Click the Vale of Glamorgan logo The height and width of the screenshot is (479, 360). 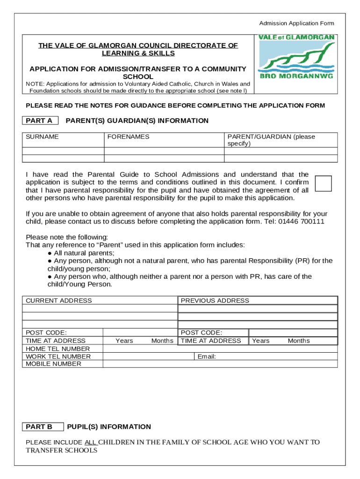tap(296, 57)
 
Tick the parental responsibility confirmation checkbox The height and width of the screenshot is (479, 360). tap(324, 183)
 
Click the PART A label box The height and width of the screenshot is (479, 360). tap(40, 121)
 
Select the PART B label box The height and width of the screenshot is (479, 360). tap(43, 427)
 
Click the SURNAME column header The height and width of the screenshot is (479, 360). tap(43, 137)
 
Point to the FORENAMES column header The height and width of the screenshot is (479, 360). tap(129, 137)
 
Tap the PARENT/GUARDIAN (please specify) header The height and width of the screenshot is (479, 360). tap(271, 140)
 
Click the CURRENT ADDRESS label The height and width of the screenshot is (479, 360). tap(59, 300)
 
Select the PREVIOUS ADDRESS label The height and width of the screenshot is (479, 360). tap(215, 300)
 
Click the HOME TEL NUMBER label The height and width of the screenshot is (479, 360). tap(58, 348)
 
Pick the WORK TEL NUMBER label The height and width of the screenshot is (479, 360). tap(58, 356)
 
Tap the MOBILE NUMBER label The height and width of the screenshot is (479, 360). tap(53, 364)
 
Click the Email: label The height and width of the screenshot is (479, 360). tap(207, 356)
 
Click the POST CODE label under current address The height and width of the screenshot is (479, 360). tap(46, 333)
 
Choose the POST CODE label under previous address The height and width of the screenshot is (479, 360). tap(202, 333)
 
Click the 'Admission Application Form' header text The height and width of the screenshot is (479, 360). tap(297, 23)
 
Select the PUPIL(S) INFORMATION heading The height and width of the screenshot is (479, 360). tap(109, 427)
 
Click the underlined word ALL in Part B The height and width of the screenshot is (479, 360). tap(90, 442)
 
